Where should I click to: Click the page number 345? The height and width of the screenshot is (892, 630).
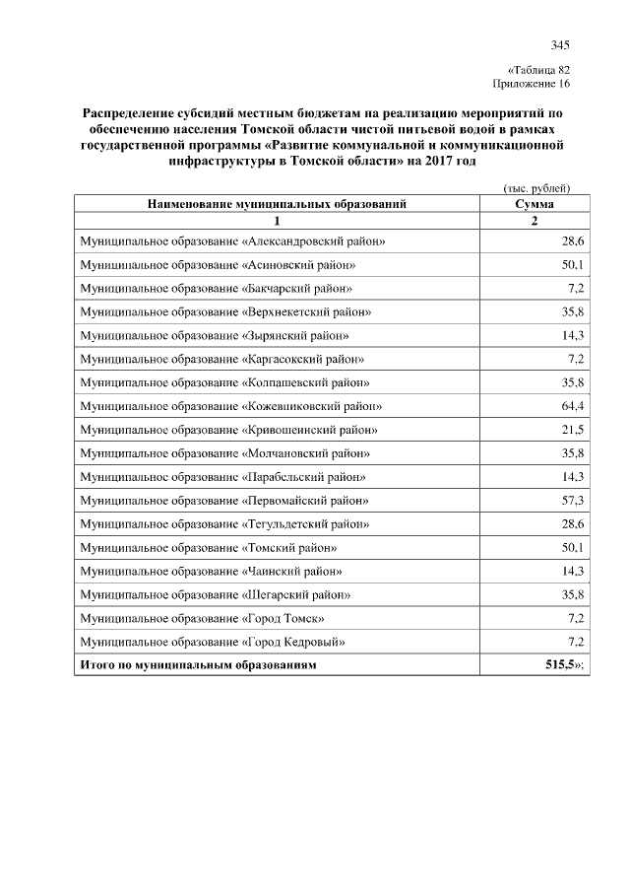click(560, 44)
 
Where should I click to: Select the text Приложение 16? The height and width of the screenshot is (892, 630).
click(532, 84)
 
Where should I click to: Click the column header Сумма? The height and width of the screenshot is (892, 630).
click(534, 204)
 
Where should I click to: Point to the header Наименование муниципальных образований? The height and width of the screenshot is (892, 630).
click(277, 204)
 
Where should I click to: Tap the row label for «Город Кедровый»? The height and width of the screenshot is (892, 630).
click(212, 643)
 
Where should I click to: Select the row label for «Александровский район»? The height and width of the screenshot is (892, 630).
click(232, 241)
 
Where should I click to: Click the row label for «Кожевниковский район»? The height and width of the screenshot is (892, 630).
click(231, 406)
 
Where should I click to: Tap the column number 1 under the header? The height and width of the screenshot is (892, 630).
click(277, 221)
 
